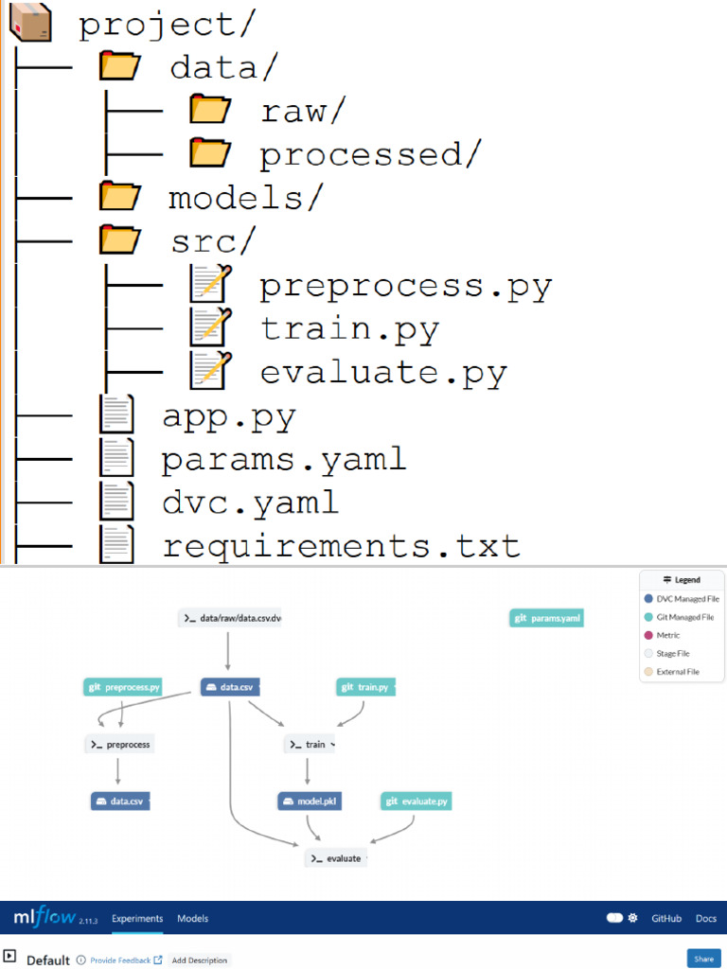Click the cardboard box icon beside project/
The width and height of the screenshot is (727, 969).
point(29,23)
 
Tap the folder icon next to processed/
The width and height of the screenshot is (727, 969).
point(210,153)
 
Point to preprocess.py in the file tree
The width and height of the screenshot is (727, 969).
point(405,286)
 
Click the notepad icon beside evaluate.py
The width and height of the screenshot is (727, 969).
point(210,372)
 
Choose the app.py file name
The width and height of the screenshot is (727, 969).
point(229,416)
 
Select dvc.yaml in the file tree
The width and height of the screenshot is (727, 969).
point(250,502)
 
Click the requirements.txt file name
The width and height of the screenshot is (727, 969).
point(341,546)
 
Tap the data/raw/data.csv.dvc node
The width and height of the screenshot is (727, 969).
point(229,618)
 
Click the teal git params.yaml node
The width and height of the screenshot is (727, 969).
point(547,618)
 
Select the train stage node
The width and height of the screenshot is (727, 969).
point(310,745)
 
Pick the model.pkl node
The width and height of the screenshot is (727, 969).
point(310,802)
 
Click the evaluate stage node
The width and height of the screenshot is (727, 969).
point(336,858)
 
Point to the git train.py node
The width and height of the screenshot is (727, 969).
point(365,687)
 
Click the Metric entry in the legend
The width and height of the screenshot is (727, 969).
point(668,635)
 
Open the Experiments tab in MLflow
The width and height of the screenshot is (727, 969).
point(137,918)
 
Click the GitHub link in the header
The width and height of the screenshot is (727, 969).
point(666,918)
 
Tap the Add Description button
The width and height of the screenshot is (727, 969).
point(200,960)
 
